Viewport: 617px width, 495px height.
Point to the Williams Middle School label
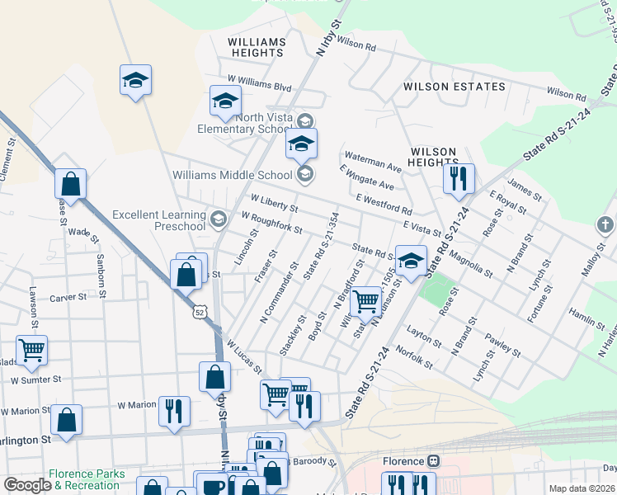tap(233, 174)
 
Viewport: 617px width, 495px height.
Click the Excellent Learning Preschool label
tap(158, 220)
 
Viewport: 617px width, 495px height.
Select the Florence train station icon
tap(433, 461)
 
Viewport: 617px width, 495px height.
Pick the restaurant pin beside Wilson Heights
tap(458, 177)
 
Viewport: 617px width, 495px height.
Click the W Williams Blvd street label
tap(260, 85)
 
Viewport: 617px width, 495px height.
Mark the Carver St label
tap(68, 298)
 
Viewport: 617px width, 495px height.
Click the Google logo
tap(26, 485)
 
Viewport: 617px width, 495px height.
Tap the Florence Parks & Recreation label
tap(86, 479)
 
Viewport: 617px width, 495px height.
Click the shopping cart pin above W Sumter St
tap(31, 349)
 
